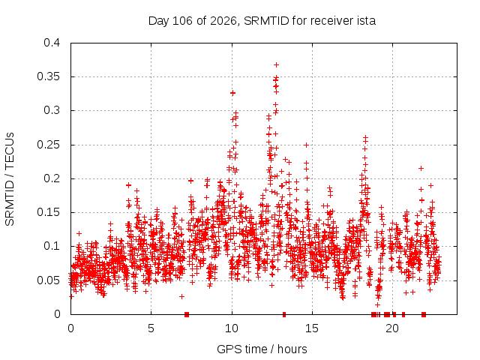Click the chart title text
click(262, 21)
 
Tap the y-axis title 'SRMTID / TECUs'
click(10, 179)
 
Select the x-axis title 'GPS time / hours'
click(262, 349)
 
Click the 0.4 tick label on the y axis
click(52, 43)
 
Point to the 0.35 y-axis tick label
click(48, 76)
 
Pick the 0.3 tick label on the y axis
click(52, 110)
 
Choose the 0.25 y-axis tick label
click(48, 145)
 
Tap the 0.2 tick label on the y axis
click(52, 178)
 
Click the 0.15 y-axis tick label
click(48, 212)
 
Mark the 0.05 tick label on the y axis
click(48, 280)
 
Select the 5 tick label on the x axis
click(151, 328)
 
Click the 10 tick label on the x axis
click(232, 328)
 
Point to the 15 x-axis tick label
click(312, 328)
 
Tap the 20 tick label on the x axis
click(392, 328)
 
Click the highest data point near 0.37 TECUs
click(277, 65)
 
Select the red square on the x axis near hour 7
click(187, 314)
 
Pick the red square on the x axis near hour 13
click(284, 314)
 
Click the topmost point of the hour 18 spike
click(365, 138)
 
